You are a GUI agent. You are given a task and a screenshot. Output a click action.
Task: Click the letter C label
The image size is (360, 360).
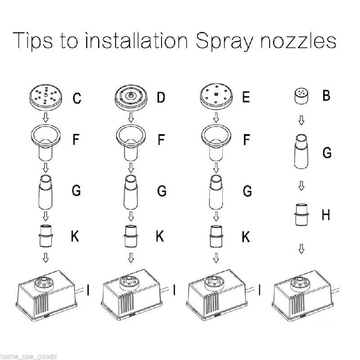(77, 98)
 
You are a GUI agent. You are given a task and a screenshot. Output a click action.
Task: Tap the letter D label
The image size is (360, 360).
(161, 97)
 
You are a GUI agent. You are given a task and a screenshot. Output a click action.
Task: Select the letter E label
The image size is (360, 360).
(246, 97)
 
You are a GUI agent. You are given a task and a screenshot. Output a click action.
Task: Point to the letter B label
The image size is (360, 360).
(326, 95)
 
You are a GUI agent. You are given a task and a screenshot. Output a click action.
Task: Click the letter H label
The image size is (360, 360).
(326, 215)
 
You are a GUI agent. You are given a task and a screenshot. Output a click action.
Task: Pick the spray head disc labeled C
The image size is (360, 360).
(46, 97)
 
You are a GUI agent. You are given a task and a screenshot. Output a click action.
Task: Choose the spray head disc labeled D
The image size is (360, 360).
(131, 97)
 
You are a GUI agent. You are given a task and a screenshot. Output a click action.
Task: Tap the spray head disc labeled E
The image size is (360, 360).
(216, 96)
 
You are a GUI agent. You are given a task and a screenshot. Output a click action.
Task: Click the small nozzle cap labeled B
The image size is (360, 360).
(301, 96)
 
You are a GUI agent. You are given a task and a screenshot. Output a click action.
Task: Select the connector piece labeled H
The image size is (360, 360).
(301, 215)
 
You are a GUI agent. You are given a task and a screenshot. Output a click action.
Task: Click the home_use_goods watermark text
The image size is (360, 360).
(28, 356)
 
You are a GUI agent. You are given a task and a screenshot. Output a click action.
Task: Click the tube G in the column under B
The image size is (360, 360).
(301, 152)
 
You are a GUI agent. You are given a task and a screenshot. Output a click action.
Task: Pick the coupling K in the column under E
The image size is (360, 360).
(216, 236)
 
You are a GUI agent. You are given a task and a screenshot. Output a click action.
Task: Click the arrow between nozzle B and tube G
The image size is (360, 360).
(301, 120)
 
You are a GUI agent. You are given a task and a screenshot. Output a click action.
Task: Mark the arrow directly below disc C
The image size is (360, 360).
(46, 117)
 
